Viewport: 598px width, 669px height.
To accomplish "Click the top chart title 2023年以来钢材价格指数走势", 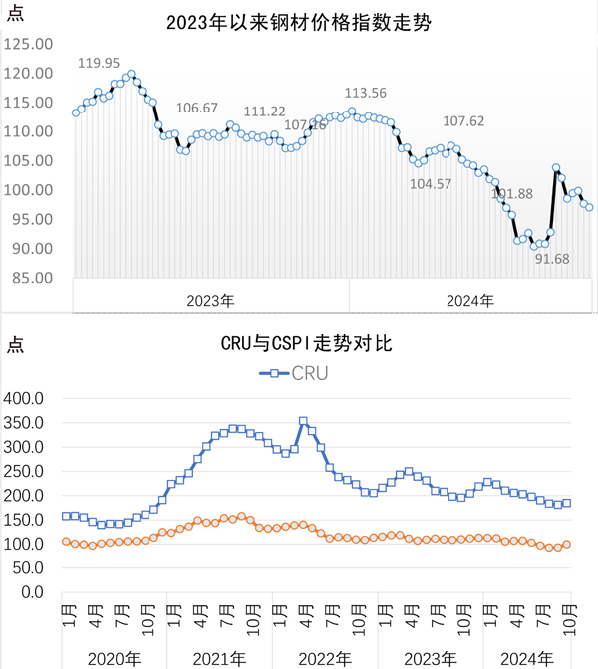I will (298, 21).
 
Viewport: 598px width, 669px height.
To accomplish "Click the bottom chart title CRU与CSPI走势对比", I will (298, 345).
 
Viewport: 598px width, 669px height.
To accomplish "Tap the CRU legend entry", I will (295, 373).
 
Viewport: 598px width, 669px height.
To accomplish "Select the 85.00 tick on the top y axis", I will (30, 278).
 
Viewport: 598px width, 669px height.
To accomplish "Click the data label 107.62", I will (463, 121).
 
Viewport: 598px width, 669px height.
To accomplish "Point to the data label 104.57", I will (431, 184).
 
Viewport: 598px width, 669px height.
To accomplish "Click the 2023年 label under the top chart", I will (211, 299).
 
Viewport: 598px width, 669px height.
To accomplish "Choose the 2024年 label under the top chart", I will (468, 299).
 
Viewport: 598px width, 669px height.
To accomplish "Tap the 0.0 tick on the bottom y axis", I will (34, 592).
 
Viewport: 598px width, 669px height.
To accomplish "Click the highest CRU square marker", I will (303, 421).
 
